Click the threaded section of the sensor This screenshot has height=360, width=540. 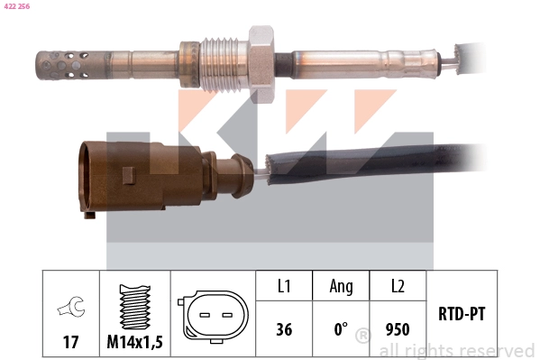coord(221,61)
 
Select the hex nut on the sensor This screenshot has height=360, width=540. coord(261,56)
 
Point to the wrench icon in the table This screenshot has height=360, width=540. coord(69,309)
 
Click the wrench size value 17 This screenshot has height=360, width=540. coord(69,343)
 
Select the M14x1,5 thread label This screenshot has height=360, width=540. coord(134,343)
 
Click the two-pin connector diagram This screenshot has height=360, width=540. coord(214,316)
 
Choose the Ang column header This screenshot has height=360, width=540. coord(341,287)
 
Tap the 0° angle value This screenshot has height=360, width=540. coord(341,330)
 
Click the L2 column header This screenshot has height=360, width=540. coord(398,287)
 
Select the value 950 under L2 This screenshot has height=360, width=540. coord(398,330)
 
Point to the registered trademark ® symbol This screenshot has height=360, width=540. coord(362,337)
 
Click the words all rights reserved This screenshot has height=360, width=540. coord(456,350)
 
